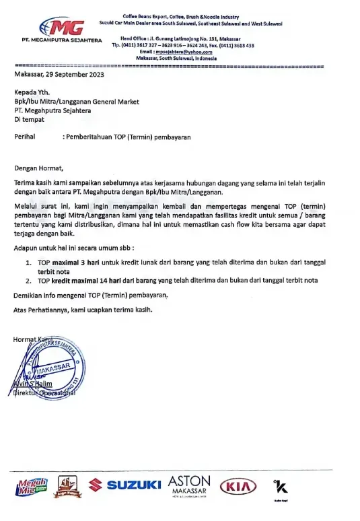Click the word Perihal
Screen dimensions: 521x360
click(x=26, y=136)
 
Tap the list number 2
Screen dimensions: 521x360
click(x=28, y=280)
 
